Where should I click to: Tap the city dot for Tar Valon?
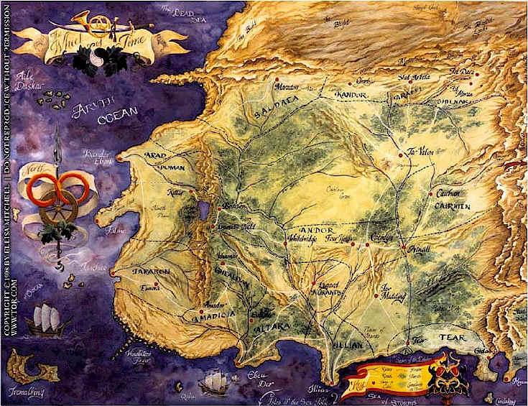[x=401, y=155]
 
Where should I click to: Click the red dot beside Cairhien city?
[x=430, y=194]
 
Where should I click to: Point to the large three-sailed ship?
[x=47, y=320]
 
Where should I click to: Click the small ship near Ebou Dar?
[x=213, y=382]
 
